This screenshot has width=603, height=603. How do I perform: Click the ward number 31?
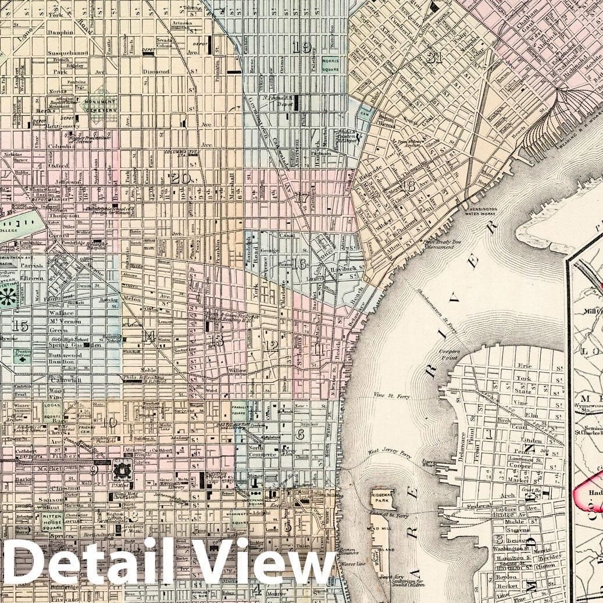click(x=434, y=58)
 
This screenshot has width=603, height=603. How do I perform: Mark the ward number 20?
click(x=180, y=179)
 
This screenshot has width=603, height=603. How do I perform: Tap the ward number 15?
click(x=20, y=326)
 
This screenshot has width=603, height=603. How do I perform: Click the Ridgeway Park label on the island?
click(x=383, y=498)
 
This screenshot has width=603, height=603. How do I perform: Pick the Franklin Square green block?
click(x=238, y=412)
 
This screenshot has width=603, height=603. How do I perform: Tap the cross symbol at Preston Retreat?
click(x=23, y=360)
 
